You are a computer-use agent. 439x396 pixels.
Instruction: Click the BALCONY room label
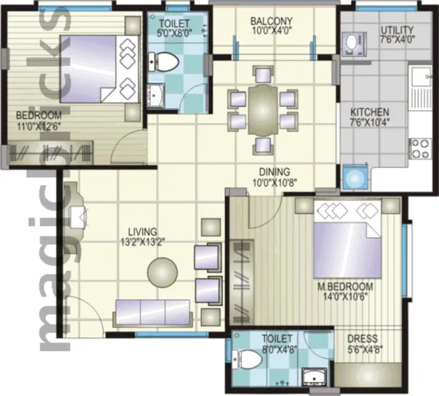(x=271, y=21)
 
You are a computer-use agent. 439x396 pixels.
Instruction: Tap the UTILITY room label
(x=397, y=30)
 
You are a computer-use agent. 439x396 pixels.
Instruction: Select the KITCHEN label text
(x=370, y=112)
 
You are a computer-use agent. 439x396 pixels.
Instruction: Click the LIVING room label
(x=143, y=232)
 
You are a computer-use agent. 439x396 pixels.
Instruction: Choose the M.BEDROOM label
(x=345, y=287)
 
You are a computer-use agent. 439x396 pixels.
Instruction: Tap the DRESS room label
(x=362, y=339)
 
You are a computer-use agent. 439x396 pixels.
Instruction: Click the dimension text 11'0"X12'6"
(x=40, y=126)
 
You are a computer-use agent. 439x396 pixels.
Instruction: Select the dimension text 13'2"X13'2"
(x=143, y=242)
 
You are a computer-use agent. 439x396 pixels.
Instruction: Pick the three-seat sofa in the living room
(x=153, y=313)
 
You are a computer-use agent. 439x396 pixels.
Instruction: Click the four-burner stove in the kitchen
(x=420, y=148)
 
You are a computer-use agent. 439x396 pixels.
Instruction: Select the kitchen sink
(x=420, y=76)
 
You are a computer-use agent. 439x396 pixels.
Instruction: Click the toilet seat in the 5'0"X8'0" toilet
(x=163, y=61)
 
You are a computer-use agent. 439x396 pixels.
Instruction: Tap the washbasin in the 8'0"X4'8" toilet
(x=314, y=377)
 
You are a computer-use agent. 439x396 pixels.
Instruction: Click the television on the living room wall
(x=78, y=217)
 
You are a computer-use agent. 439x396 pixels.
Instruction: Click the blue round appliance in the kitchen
(x=355, y=179)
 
